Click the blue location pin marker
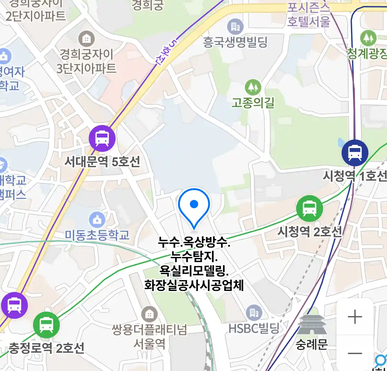[x=194, y=206]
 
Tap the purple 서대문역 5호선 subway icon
[x=102, y=138]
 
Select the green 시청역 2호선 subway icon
[x=310, y=208]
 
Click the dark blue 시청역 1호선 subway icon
[x=355, y=153]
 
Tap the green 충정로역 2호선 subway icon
[x=46, y=325]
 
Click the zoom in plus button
[x=355, y=317]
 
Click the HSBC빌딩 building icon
[x=254, y=313]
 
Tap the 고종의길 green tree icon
[x=253, y=87]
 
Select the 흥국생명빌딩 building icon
[x=235, y=26]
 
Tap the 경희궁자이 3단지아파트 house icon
[x=86, y=39]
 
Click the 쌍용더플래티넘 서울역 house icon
[x=149, y=314]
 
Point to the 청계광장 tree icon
[x=368, y=38]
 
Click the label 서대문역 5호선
[x=103, y=161]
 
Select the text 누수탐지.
[x=194, y=256]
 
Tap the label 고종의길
[x=253, y=102]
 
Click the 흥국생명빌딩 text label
[x=235, y=42]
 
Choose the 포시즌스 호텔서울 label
[x=309, y=14]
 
